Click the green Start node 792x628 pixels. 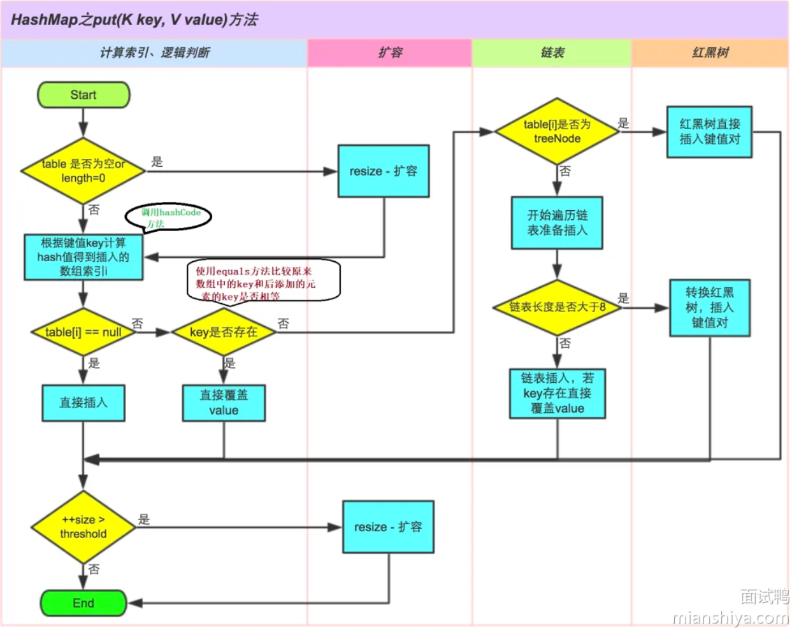tap(83, 95)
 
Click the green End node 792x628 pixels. tap(83, 603)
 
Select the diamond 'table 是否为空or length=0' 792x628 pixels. tap(83, 171)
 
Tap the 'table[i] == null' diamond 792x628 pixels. tap(83, 332)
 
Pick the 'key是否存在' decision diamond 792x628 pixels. tap(224, 332)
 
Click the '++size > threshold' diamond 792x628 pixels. tap(83, 527)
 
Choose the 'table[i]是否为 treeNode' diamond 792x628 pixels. tap(557, 131)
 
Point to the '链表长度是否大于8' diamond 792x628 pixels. tap(557, 307)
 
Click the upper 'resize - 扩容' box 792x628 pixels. tap(384, 171)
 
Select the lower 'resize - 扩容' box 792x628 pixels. tap(388, 527)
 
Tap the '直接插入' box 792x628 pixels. tap(83, 403)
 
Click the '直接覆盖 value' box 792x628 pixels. tap(224, 403)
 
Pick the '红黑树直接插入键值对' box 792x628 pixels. tap(709, 131)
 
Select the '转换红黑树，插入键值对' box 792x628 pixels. tap(709, 307)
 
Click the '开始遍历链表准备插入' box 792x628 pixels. tap(557, 222)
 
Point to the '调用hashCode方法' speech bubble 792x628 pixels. tap(169, 217)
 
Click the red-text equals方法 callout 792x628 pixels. tap(263, 281)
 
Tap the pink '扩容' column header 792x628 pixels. tap(390, 53)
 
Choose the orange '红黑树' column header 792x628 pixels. tap(710, 53)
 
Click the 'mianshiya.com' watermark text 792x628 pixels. tap(730, 617)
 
